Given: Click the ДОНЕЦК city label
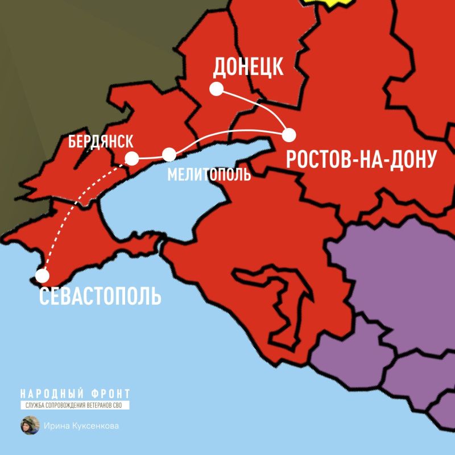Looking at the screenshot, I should [248, 67].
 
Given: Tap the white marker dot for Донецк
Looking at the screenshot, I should [216, 89].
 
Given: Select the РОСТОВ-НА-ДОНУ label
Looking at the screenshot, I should [361, 160].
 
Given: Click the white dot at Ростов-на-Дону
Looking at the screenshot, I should [289, 135].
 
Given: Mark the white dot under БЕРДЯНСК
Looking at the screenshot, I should [131, 158].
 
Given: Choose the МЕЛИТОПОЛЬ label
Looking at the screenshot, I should [209, 175].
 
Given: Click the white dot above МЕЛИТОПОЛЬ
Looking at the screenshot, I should [169, 155].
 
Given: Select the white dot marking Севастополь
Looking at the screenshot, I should [42, 276].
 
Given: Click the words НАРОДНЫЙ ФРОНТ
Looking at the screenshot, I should [75, 394].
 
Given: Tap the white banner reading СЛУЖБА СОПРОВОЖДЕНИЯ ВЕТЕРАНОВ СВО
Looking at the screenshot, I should [75, 406].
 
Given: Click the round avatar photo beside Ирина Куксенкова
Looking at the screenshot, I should [30, 425].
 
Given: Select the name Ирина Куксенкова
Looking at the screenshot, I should [82, 425].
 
